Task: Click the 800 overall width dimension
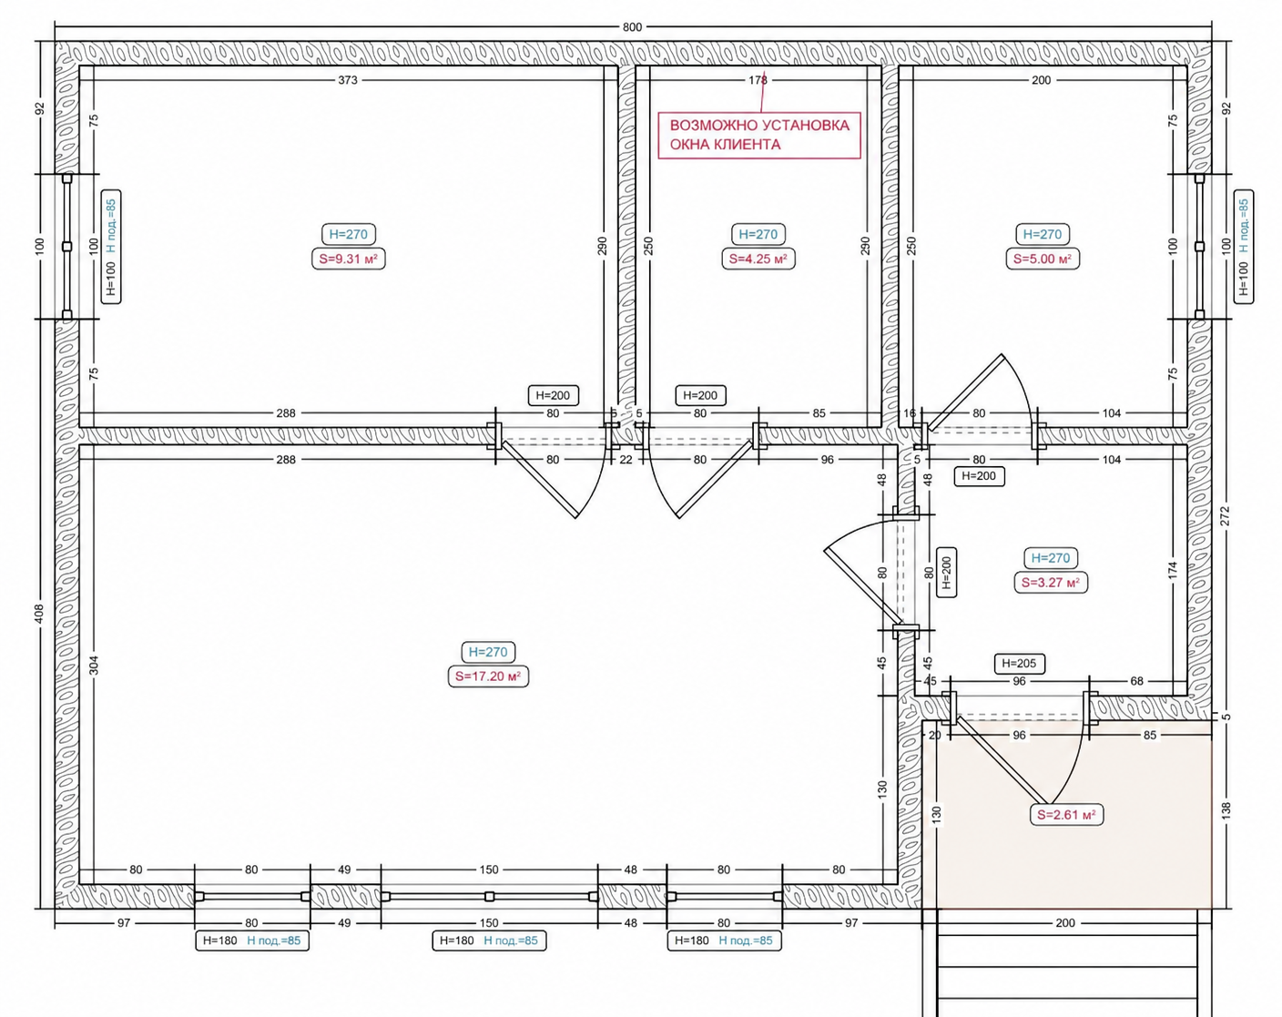point(632,26)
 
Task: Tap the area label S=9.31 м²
point(349,259)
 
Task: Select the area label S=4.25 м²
point(758,259)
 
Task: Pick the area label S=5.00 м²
point(1043,259)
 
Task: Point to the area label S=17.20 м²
point(489,676)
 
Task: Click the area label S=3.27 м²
point(1051,583)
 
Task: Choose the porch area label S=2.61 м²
point(1066,815)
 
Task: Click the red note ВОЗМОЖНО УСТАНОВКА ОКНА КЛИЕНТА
point(759,136)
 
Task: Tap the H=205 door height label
point(1019,663)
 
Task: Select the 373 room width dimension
point(348,80)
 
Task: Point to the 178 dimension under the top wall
point(758,80)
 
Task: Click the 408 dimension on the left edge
point(39,614)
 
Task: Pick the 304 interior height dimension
point(94,666)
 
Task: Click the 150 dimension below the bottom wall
point(489,923)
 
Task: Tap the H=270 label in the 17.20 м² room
point(489,652)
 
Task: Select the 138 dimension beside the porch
point(1226,810)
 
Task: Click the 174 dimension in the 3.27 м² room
point(1173,570)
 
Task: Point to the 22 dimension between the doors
point(626,460)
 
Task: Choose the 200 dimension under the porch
point(1065,923)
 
